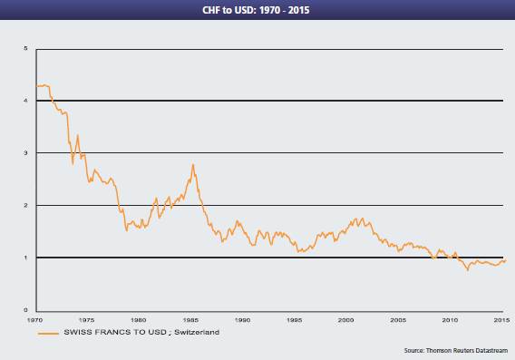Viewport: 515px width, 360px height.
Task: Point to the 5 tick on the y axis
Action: click(x=25, y=48)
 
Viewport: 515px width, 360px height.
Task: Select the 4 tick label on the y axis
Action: click(x=25, y=101)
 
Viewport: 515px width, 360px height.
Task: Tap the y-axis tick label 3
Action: click(x=25, y=153)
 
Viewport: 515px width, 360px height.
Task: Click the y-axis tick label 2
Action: click(x=25, y=206)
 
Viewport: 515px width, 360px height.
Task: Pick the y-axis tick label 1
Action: click(x=25, y=258)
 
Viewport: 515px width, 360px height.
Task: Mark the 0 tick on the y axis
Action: click(x=25, y=310)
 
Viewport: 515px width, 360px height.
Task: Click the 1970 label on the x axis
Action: click(x=34, y=320)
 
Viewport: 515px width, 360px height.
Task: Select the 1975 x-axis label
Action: click(x=86, y=320)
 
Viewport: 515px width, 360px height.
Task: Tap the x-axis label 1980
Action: click(x=139, y=320)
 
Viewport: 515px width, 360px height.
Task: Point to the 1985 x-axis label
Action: click(x=190, y=320)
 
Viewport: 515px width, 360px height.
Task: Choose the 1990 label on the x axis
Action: click(x=243, y=320)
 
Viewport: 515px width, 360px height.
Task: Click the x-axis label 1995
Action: click(x=295, y=320)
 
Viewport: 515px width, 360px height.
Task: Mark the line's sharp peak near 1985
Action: click(x=193, y=165)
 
